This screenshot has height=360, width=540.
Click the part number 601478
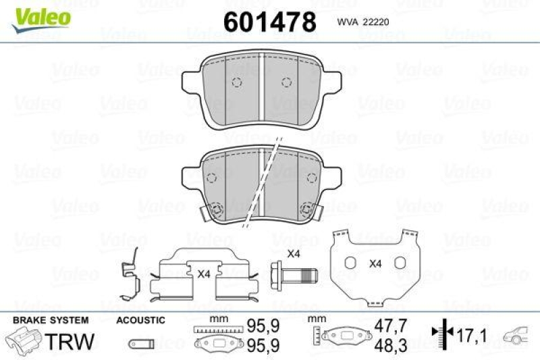269,22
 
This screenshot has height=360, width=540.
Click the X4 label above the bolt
294,254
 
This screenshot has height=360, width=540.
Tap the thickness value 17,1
473,334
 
